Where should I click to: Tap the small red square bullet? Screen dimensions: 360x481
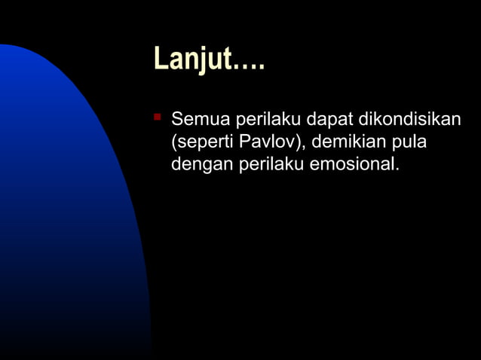157,117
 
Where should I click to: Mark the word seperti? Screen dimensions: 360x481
205,142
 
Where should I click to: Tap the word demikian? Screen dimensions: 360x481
347,141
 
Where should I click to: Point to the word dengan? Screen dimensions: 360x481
202,163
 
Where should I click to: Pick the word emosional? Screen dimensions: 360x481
351,163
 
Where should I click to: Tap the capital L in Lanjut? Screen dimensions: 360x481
161,59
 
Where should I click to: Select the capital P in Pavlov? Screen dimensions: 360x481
245,141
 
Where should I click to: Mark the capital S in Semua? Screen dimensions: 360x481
177,120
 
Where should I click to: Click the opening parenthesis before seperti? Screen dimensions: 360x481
174,142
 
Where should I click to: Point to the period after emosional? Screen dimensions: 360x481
397,168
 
